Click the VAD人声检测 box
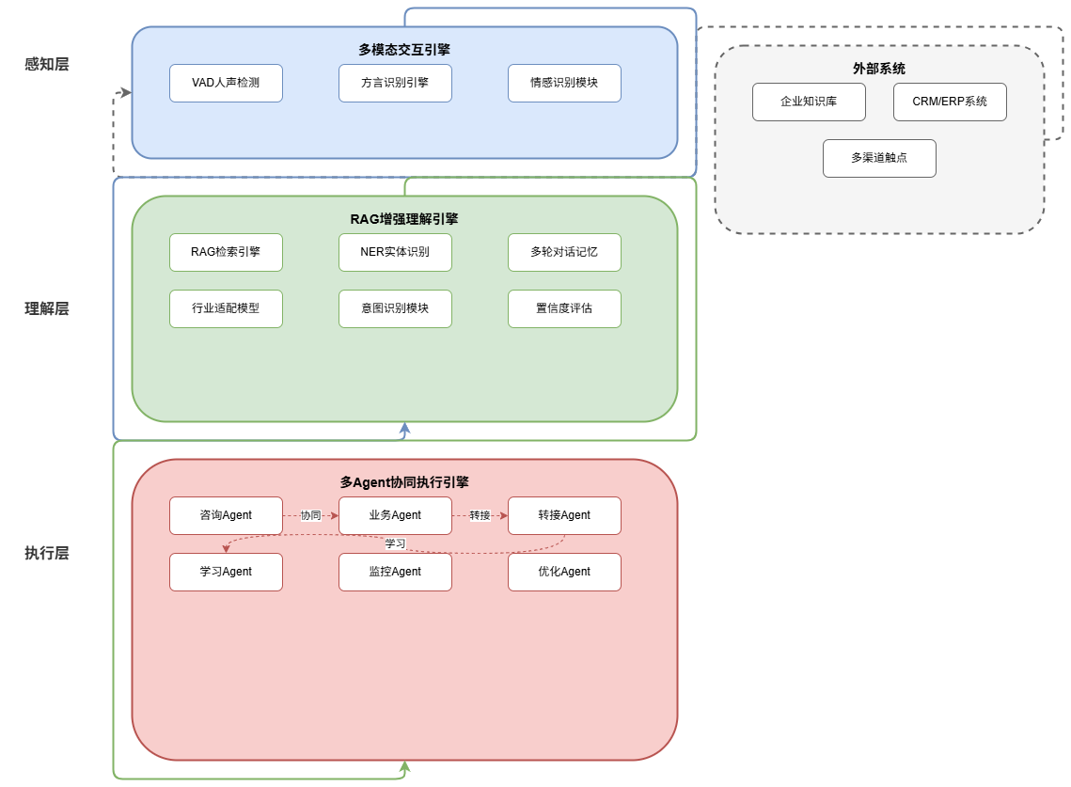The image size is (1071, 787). pyautogui.click(x=226, y=83)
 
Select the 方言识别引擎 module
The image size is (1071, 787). pyautogui.click(x=395, y=83)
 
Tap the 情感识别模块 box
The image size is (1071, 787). pyautogui.click(x=564, y=83)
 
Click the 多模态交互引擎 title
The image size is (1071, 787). pyautogui.click(x=404, y=50)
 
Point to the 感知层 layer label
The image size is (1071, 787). pyautogui.click(x=47, y=64)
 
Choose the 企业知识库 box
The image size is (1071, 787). pyautogui.click(x=809, y=102)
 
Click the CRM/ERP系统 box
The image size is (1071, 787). pyautogui.click(x=950, y=102)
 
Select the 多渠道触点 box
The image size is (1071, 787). pyautogui.click(x=879, y=158)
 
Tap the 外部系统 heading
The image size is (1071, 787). pyautogui.click(x=879, y=69)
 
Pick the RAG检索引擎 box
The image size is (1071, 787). pyautogui.click(x=226, y=252)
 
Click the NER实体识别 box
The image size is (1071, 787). pyautogui.click(x=395, y=252)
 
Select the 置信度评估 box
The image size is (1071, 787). pyautogui.click(x=564, y=308)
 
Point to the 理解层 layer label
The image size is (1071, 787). pyautogui.click(x=47, y=308)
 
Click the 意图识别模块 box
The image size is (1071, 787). pyautogui.click(x=395, y=308)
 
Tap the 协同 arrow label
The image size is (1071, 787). pyautogui.click(x=310, y=515)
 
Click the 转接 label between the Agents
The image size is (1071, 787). pyautogui.click(x=480, y=515)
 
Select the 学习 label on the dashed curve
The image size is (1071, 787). pyautogui.click(x=395, y=543)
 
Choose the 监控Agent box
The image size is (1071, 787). pyautogui.click(x=395, y=572)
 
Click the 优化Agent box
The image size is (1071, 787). pyautogui.click(x=564, y=572)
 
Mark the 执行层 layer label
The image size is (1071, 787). pyautogui.click(x=47, y=553)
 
